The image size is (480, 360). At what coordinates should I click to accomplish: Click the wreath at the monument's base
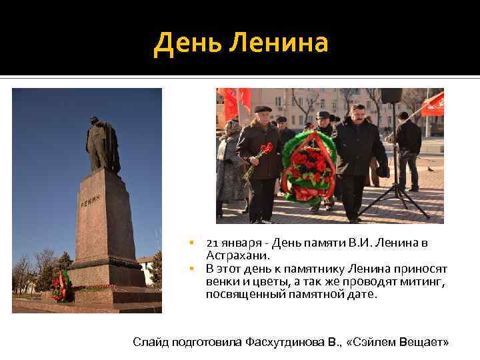click(x=61, y=285)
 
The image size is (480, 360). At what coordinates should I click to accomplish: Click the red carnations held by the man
click(x=263, y=152)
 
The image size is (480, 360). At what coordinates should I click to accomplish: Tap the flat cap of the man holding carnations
click(x=263, y=109)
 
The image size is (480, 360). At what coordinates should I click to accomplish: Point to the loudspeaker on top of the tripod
click(x=391, y=95)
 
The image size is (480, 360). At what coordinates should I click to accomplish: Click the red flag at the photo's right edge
click(x=433, y=103)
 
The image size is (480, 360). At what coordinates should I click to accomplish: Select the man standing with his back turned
click(x=408, y=150)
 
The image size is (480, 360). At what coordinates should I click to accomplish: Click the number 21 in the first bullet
click(x=212, y=243)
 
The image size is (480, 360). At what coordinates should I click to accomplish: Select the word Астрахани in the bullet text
click(x=238, y=255)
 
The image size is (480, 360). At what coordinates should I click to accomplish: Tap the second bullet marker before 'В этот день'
click(x=191, y=268)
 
